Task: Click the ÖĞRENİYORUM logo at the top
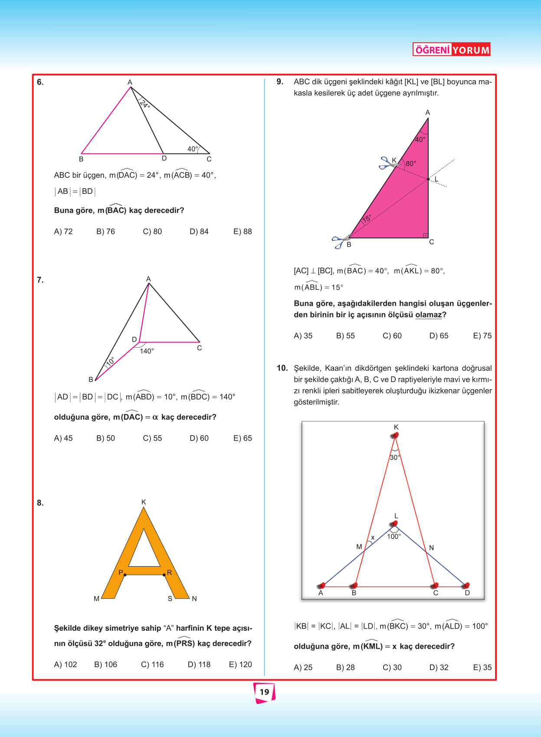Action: click(x=451, y=49)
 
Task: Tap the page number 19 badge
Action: click(x=264, y=692)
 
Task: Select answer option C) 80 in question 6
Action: click(x=152, y=232)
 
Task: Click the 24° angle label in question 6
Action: click(x=145, y=104)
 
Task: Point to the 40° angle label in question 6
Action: click(x=192, y=149)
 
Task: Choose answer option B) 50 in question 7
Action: click(x=105, y=438)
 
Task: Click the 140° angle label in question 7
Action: click(x=147, y=351)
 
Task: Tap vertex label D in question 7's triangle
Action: click(x=134, y=339)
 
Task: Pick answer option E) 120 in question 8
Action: click(x=240, y=665)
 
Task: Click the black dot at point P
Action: click(x=125, y=575)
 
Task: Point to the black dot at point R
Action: click(x=164, y=575)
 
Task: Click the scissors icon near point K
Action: click(x=386, y=163)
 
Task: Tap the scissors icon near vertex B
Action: click(x=338, y=241)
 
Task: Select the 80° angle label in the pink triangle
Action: click(x=410, y=164)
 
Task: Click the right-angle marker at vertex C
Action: click(x=426, y=235)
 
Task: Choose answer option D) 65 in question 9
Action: click(x=439, y=336)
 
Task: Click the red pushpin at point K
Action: click(x=395, y=435)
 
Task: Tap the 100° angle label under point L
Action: click(x=394, y=537)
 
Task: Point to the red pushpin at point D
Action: click(x=466, y=585)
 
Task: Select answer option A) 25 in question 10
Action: click(x=303, y=668)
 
